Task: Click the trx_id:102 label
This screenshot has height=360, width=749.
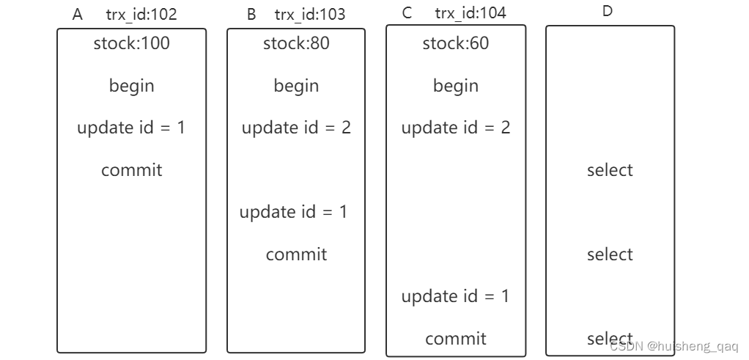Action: coord(141,14)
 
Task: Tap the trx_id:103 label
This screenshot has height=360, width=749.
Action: coord(310,14)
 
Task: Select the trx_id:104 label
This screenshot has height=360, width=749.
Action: coord(470,13)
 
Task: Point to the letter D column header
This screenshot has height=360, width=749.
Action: coord(607,12)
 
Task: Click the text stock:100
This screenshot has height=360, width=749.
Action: coord(131,43)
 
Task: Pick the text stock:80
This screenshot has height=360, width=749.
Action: coord(296,43)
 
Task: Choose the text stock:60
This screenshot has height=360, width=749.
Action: coord(455,43)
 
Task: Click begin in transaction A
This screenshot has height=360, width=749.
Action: coord(131,86)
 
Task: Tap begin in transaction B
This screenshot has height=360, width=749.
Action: coord(296,86)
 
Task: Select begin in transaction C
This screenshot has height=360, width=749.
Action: coord(455,86)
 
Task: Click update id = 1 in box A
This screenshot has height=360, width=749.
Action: coord(131,128)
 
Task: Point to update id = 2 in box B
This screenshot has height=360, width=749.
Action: coord(296,128)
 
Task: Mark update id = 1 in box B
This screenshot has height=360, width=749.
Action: coord(293,212)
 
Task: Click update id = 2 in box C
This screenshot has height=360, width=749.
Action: coord(455,128)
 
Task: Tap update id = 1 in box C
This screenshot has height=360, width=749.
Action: coord(455,296)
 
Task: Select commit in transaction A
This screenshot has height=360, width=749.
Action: coord(131,170)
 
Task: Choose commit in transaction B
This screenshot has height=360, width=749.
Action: coord(296,254)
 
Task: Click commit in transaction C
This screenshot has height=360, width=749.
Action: coord(455,339)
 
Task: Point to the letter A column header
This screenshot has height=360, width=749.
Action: coord(78,14)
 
